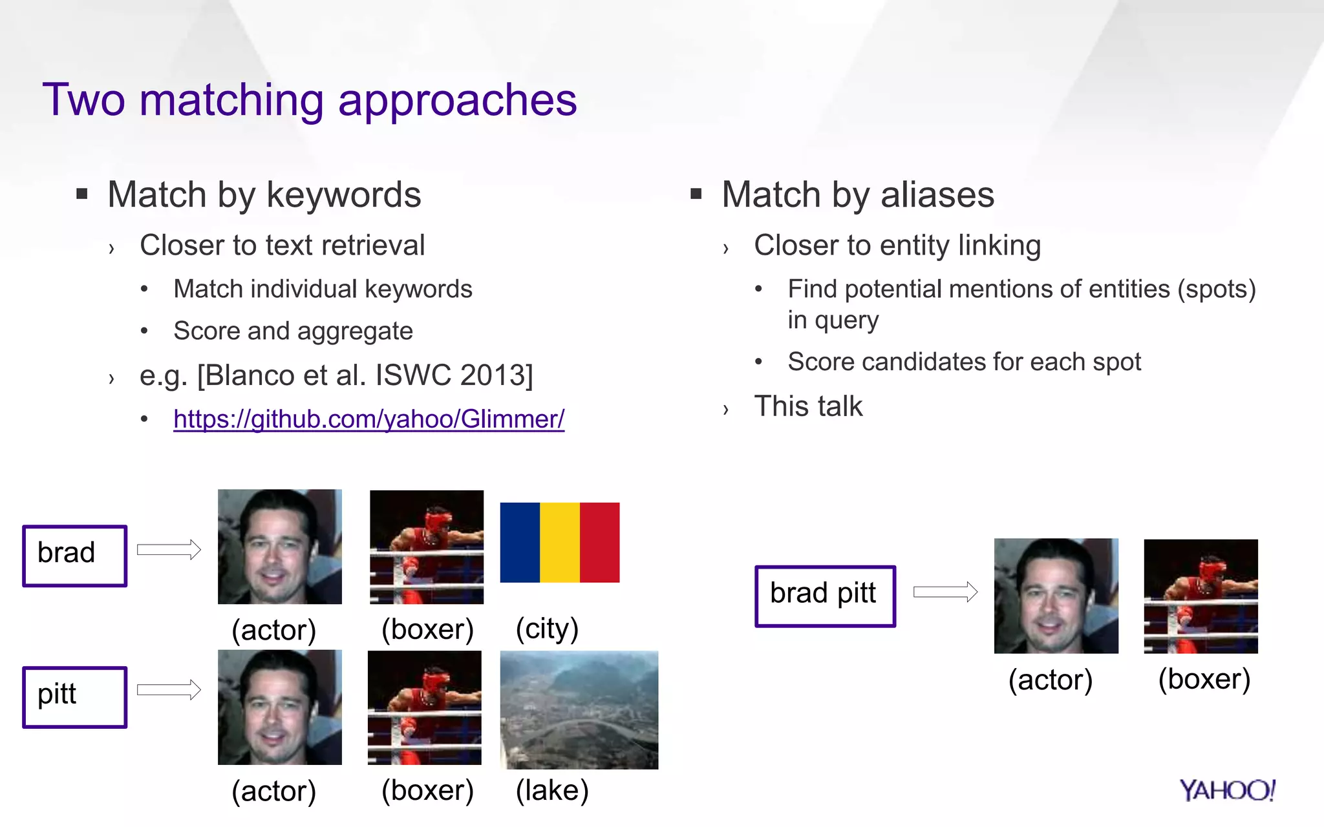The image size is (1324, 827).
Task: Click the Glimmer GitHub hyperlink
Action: click(x=368, y=419)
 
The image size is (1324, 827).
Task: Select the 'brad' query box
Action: click(x=75, y=556)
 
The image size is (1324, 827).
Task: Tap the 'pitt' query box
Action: click(x=75, y=697)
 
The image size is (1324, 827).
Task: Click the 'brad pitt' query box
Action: click(x=825, y=596)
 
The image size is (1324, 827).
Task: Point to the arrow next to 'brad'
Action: click(x=169, y=550)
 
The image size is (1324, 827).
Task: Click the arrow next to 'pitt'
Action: click(x=169, y=689)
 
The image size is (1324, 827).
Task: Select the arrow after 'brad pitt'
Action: click(x=945, y=592)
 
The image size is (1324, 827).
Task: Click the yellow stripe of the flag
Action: click(x=560, y=543)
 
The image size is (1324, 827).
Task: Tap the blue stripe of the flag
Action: click(x=520, y=543)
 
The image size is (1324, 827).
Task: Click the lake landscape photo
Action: click(x=579, y=709)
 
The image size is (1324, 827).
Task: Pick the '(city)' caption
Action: click(x=547, y=629)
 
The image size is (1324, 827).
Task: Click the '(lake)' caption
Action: click(x=552, y=790)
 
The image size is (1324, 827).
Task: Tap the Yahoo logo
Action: click(x=1226, y=790)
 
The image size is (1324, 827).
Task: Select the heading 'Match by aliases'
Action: click(x=857, y=194)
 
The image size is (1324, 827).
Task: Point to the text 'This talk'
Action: click(x=808, y=406)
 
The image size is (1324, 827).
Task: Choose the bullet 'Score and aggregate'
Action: click(x=293, y=331)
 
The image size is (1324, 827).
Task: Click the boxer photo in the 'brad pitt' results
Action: click(x=1201, y=596)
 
